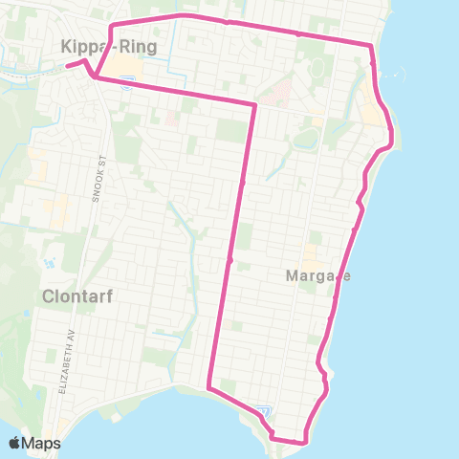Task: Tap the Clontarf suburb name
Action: coord(77,296)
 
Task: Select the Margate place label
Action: coord(318,276)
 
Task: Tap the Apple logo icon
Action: coord(15,443)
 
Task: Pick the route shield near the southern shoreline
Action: coord(264,412)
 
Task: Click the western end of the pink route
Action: coord(68,66)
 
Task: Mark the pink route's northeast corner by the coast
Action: coord(370,45)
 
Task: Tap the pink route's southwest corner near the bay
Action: coord(208,387)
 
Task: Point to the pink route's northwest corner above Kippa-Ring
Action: coord(113,25)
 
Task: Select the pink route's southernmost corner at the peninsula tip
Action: coord(305,442)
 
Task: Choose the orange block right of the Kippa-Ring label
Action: coord(123,65)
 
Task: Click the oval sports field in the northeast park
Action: coord(306,139)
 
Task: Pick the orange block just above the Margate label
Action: coord(311,255)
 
